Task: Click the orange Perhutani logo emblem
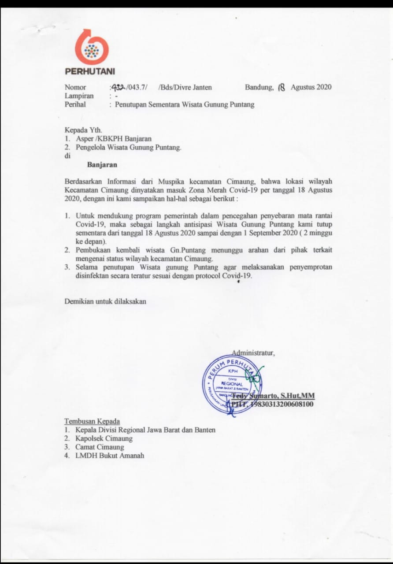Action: pyautogui.click(x=91, y=48)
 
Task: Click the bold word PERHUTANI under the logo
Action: pyautogui.click(x=90, y=71)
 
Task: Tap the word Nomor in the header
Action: pyautogui.click(x=75, y=87)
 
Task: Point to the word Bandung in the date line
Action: pyautogui.click(x=259, y=87)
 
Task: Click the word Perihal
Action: pyautogui.click(x=75, y=104)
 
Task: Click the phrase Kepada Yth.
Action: pyautogui.click(x=83, y=130)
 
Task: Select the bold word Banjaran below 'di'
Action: pyautogui.click(x=102, y=165)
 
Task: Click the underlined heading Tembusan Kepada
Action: pyautogui.click(x=92, y=421)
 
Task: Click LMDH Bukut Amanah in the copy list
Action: pyautogui.click(x=110, y=456)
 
